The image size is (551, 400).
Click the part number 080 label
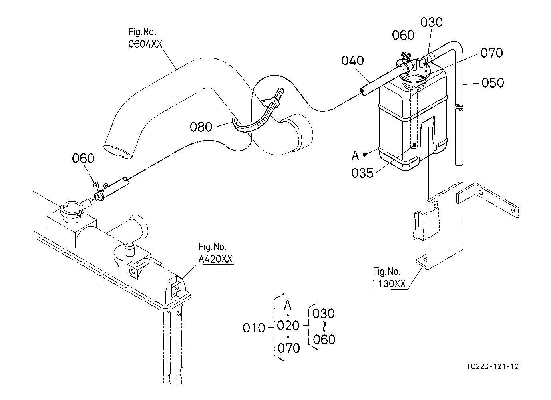click(201, 127)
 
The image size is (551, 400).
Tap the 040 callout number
click(352, 60)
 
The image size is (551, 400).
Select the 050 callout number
click(493, 83)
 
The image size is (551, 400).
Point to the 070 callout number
click(491, 53)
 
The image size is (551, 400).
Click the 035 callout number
click(362, 173)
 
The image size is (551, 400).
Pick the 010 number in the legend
click(254, 328)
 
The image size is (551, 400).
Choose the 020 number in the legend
click(288, 325)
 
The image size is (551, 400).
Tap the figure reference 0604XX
click(145, 44)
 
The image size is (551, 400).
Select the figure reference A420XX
click(215, 259)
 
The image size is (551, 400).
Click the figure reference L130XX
click(389, 284)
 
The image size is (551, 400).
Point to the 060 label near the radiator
click(83, 158)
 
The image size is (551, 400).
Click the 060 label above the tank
click(403, 35)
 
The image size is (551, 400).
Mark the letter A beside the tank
click(355, 156)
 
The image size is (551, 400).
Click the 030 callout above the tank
click(431, 22)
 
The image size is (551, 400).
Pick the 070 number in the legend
click(288, 348)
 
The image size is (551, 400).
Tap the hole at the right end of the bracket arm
click(513, 211)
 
